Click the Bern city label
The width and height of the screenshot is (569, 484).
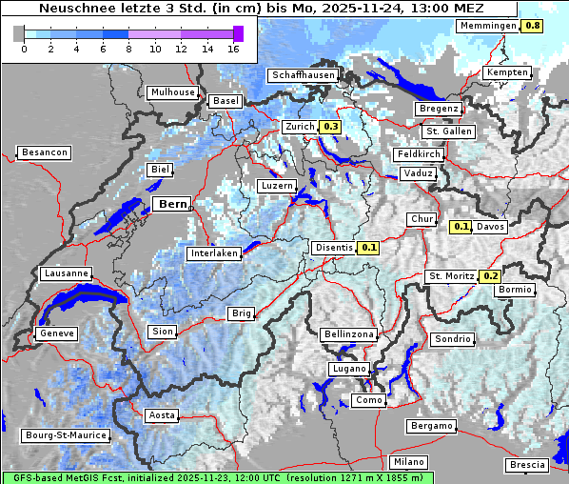pos(172,204)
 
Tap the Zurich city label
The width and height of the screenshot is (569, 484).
pos(300,126)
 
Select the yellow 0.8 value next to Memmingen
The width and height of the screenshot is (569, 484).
pos(534,26)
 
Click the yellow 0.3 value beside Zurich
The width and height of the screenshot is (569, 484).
pos(331,126)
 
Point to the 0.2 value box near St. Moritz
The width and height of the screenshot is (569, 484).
pos(490,276)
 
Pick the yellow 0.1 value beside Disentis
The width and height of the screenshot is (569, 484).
pos(369,248)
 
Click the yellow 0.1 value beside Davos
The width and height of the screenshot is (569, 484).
pos(461,227)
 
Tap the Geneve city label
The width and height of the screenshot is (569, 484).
pos(55,333)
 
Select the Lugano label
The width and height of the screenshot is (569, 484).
pos(349,369)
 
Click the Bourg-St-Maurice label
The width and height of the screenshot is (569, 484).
pos(65,435)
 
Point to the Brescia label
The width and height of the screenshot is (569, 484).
pos(527,464)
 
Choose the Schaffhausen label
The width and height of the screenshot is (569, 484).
pos(303,74)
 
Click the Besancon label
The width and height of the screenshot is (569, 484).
pos(44,152)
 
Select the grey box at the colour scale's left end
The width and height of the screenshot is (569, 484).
pos(19,33)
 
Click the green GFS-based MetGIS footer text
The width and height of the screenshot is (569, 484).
pos(217,477)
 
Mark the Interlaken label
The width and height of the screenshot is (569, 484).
pos(213,253)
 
